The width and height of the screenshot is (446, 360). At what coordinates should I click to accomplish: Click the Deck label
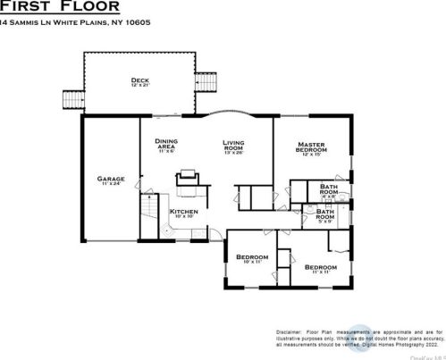click(x=139, y=80)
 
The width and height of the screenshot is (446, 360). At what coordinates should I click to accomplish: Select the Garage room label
click(x=112, y=179)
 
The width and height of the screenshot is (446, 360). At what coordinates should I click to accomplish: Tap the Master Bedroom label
click(x=311, y=147)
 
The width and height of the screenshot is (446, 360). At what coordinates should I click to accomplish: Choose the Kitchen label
click(x=183, y=212)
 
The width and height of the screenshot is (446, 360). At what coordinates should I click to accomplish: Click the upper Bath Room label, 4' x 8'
click(x=328, y=189)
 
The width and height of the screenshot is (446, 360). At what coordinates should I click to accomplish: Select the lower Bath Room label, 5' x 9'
click(x=324, y=215)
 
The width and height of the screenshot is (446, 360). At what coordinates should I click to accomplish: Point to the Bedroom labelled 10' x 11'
click(x=252, y=258)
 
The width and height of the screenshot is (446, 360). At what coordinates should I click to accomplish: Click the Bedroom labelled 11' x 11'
click(x=320, y=267)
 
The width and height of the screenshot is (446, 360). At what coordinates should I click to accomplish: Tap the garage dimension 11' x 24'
click(x=112, y=184)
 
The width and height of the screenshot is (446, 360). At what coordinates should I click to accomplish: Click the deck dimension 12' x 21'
click(x=139, y=86)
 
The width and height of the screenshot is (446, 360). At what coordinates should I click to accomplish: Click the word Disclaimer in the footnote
click(x=290, y=331)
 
